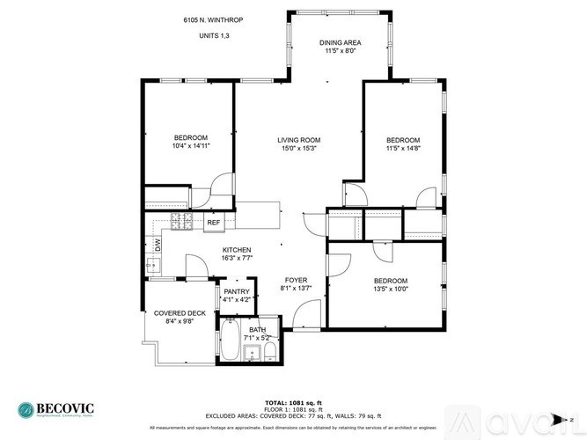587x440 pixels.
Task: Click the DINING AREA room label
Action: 340,42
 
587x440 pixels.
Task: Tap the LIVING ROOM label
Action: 298,140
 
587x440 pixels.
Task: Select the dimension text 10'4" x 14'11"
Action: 190,147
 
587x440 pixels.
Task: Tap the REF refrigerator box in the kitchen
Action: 213,224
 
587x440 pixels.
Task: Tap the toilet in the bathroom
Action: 270,353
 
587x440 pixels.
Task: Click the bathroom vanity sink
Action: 250,354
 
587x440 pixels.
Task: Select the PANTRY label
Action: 237,291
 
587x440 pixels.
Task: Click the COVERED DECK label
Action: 180,312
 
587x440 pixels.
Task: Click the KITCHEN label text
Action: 237,250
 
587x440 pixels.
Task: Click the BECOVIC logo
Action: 55,409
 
